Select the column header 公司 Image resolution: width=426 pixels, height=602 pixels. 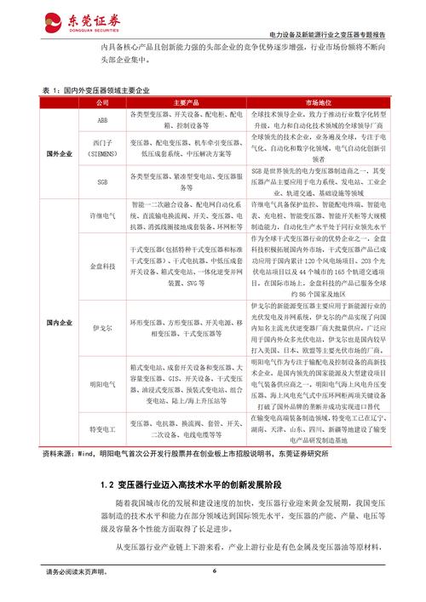[102, 101]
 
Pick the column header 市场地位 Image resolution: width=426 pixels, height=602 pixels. [314, 101]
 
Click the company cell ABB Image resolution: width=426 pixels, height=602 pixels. [102, 119]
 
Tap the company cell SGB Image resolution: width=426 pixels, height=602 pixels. [102, 182]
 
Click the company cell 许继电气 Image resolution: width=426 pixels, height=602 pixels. [102, 219]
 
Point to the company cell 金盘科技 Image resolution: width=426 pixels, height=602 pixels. [102, 267]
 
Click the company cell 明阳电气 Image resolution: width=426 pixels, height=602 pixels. [102, 382]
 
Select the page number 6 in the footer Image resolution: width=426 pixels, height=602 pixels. [214, 571]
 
